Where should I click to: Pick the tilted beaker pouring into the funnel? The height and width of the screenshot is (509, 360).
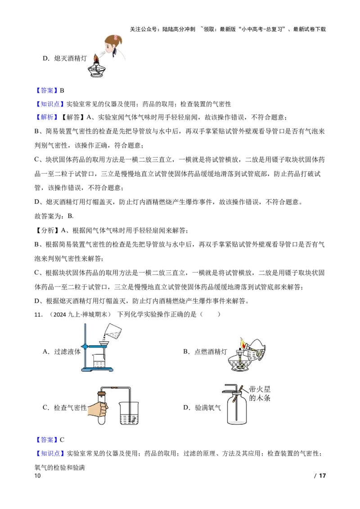click(x=112, y=331)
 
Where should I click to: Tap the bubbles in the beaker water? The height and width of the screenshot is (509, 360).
click(x=132, y=418)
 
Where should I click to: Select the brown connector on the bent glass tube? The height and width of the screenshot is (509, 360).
click(x=116, y=388)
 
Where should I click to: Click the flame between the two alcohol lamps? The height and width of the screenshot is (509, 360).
click(x=243, y=344)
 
